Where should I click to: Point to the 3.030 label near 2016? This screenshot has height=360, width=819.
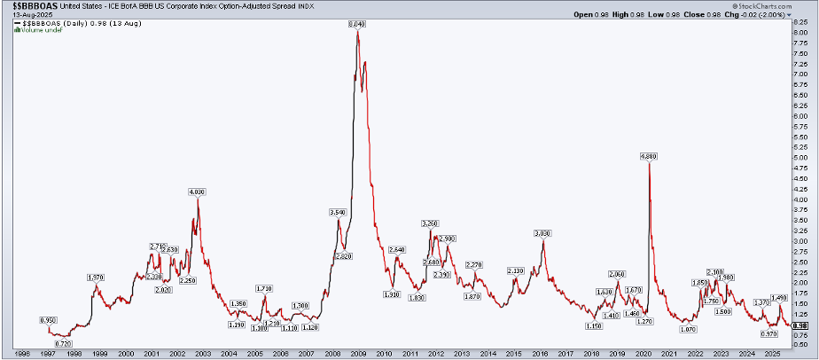tap(542, 233)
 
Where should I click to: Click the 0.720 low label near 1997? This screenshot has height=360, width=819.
tap(63, 343)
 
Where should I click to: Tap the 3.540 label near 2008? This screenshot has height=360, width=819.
tap(337, 213)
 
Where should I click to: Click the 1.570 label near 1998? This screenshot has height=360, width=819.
tap(96, 278)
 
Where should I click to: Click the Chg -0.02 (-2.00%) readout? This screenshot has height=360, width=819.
tap(782, 14)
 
